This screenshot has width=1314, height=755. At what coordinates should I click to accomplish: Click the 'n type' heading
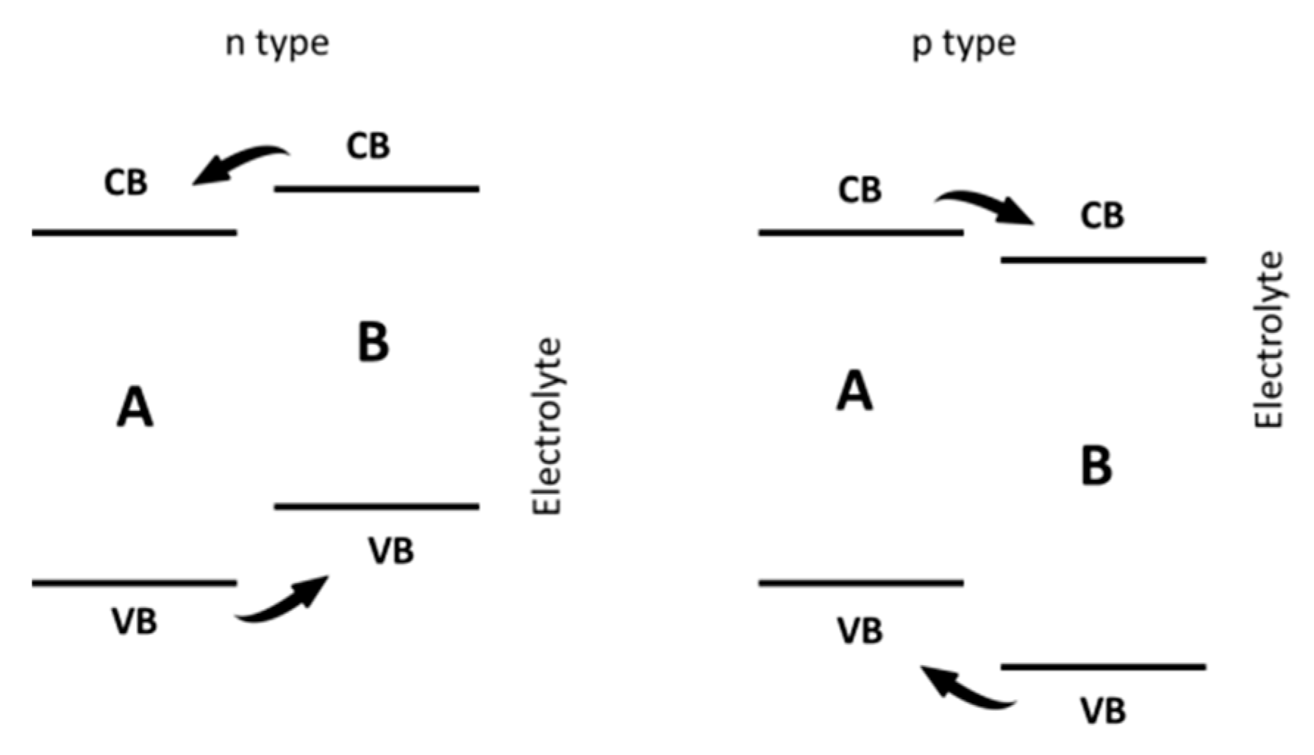click(276, 44)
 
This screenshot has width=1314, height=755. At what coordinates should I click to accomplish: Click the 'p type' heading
click(964, 44)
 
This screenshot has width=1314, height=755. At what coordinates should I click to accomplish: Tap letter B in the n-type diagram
click(373, 343)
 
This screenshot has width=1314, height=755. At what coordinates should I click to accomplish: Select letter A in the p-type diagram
click(854, 391)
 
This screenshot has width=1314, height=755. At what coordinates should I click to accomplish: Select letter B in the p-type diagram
click(1096, 466)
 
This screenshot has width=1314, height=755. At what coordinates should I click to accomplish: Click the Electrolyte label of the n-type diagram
click(547, 426)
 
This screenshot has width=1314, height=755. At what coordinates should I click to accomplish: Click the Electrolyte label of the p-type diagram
click(1268, 340)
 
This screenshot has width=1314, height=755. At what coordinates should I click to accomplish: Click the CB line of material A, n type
click(135, 233)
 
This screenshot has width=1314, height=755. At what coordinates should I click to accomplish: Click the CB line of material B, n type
click(376, 189)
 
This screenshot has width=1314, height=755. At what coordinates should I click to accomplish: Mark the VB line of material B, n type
click(376, 507)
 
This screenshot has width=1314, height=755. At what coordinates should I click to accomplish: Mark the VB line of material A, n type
click(135, 584)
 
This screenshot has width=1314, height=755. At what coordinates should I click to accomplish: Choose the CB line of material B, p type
click(1103, 260)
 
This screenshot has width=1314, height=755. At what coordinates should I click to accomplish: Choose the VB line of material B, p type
click(1103, 668)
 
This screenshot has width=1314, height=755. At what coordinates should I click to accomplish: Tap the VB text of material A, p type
click(860, 631)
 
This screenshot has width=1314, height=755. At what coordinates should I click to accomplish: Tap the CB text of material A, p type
click(860, 190)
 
